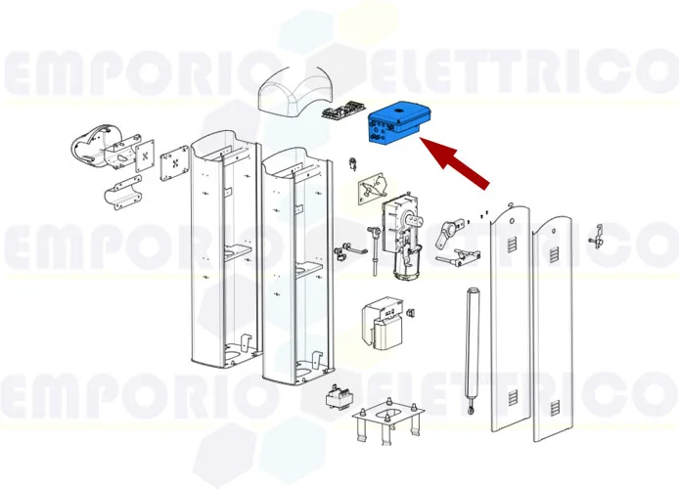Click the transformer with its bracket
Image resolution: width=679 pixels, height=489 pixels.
click(x=384, y=324)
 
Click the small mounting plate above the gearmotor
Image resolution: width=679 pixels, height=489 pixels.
click(x=371, y=188)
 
